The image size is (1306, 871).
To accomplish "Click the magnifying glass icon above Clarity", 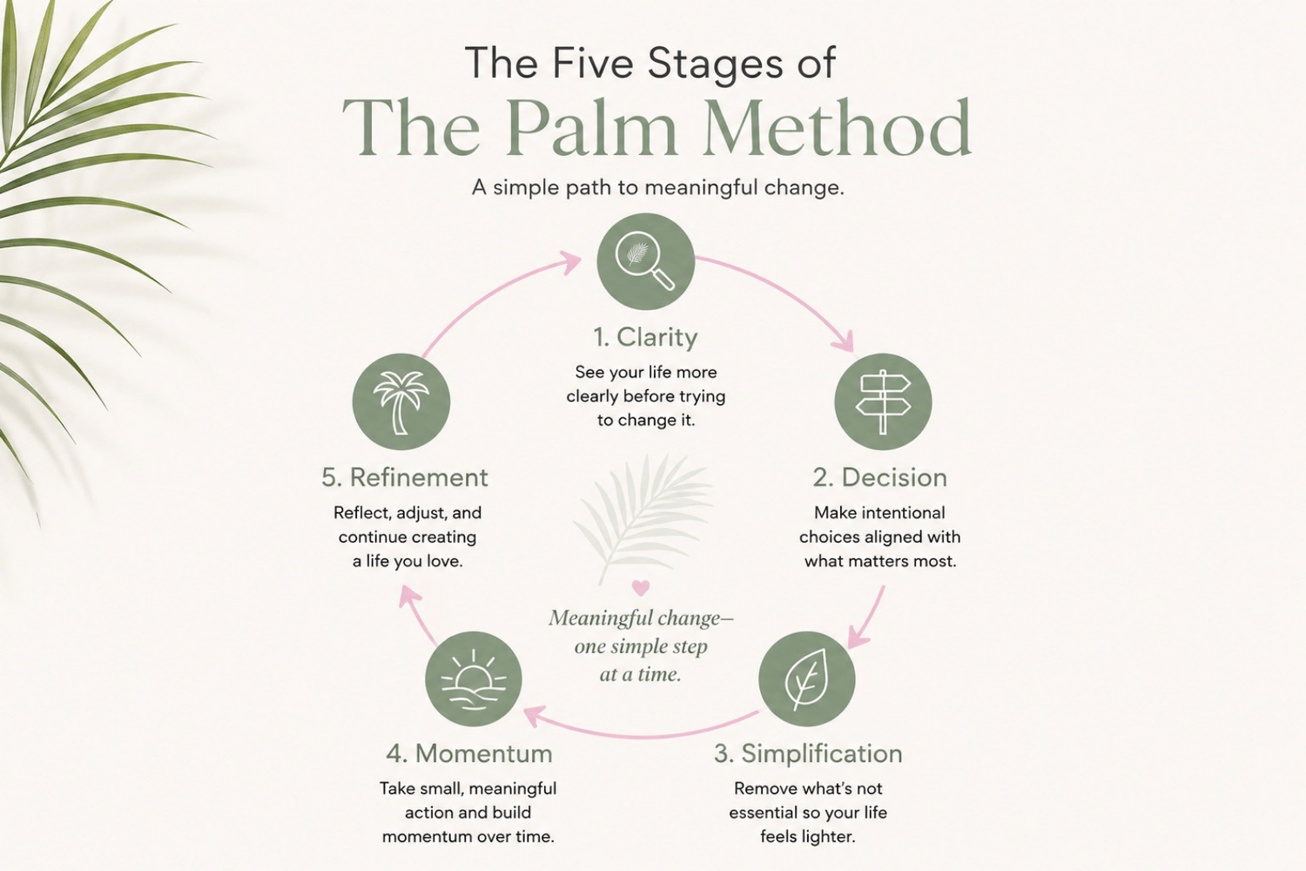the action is click(x=645, y=260).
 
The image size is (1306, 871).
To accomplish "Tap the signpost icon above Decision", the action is click(x=883, y=402).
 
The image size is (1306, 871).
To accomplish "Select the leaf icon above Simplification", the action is click(x=807, y=679).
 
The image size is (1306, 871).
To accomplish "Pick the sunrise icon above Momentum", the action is click(x=474, y=679).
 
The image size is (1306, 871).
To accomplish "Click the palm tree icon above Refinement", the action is click(x=401, y=402).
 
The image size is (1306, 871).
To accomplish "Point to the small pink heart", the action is click(x=641, y=587).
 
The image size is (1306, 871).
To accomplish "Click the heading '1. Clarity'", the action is click(x=645, y=337).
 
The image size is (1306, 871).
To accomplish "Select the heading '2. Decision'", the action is click(x=879, y=477).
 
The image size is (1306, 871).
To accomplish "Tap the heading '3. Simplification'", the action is click(x=808, y=753).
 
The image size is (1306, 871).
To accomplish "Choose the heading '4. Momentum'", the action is click(x=469, y=753).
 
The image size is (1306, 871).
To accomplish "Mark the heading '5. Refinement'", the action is click(x=405, y=477).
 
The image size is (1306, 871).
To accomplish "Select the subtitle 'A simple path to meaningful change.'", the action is click(x=657, y=188).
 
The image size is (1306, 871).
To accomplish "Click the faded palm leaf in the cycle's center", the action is click(x=643, y=517).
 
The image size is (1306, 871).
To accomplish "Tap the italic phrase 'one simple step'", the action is click(x=641, y=646).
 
